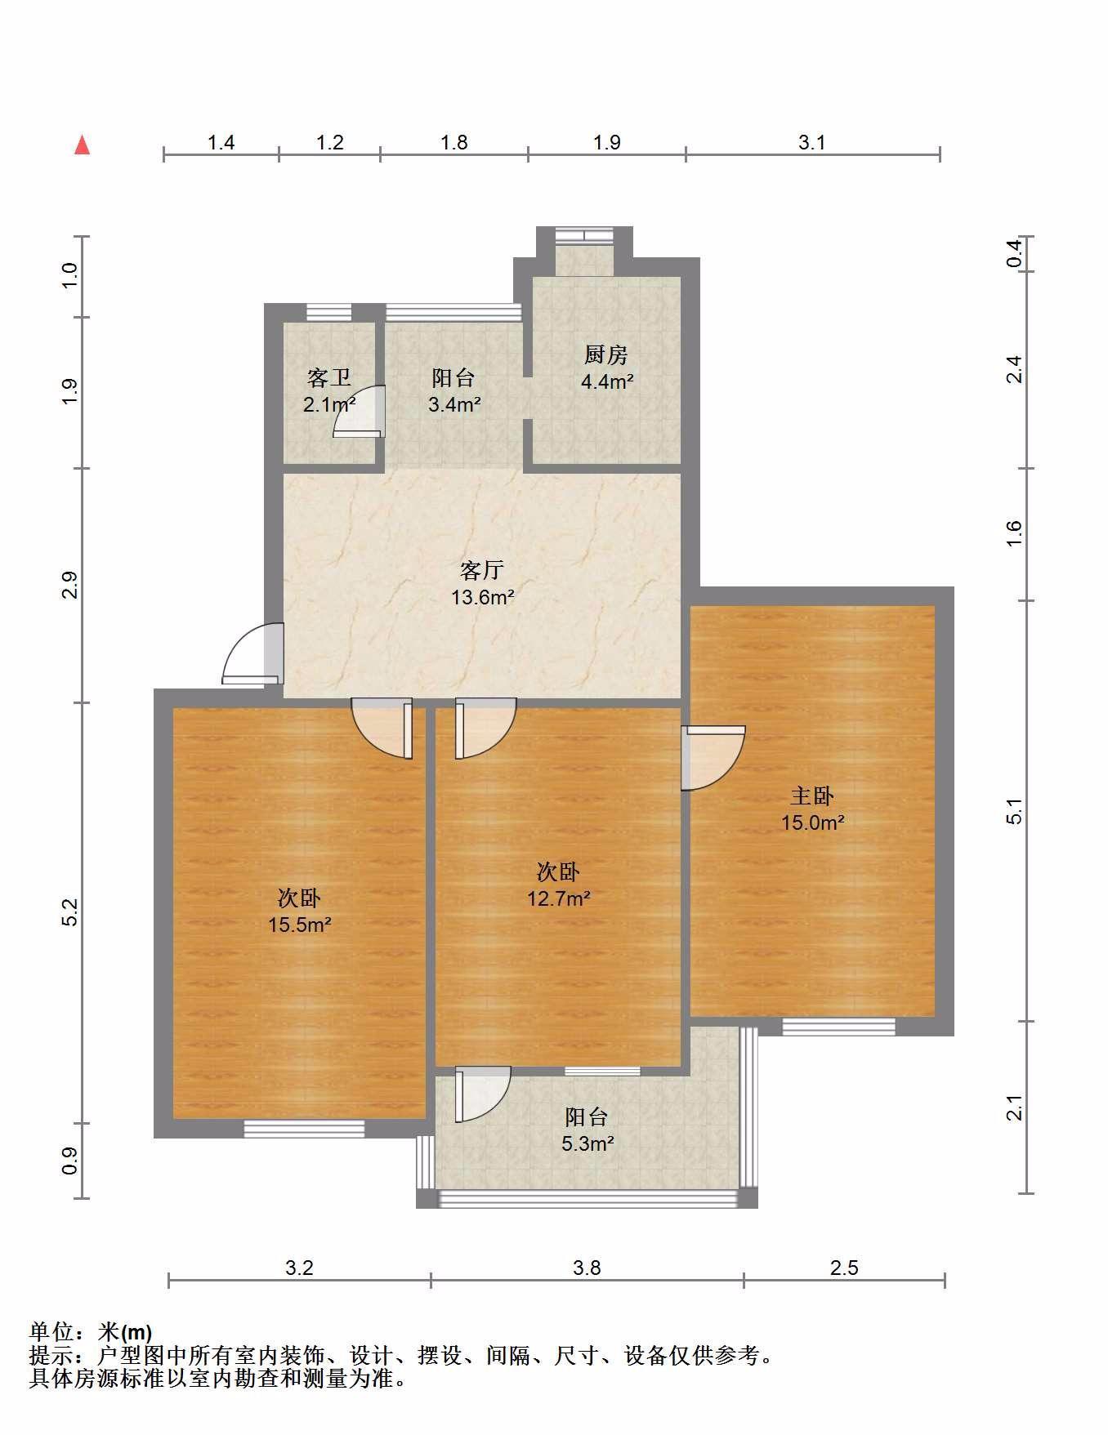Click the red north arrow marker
click(x=82, y=145)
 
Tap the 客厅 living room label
click(x=482, y=569)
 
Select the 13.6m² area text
click(x=483, y=597)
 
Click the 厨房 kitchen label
click(x=606, y=354)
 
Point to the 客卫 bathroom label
click(x=329, y=377)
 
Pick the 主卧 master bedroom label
click(x=812, y=795)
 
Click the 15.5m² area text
click(x=300, y=925)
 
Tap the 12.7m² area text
click(x=559, y=899)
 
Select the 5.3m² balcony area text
click(x=588, y=1143)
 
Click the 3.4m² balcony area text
click(x=454, y=404)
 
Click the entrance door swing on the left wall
click(x=253, y=653)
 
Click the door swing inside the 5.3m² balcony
click(x=482, y=1094)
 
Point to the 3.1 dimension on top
click(x=812, y=143)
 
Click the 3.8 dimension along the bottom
click(x=587, y=1268)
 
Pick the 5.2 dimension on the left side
click(x=70, y=912)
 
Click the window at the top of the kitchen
click(x=583, y=235)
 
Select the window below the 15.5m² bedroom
click(x=304, y=1129)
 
